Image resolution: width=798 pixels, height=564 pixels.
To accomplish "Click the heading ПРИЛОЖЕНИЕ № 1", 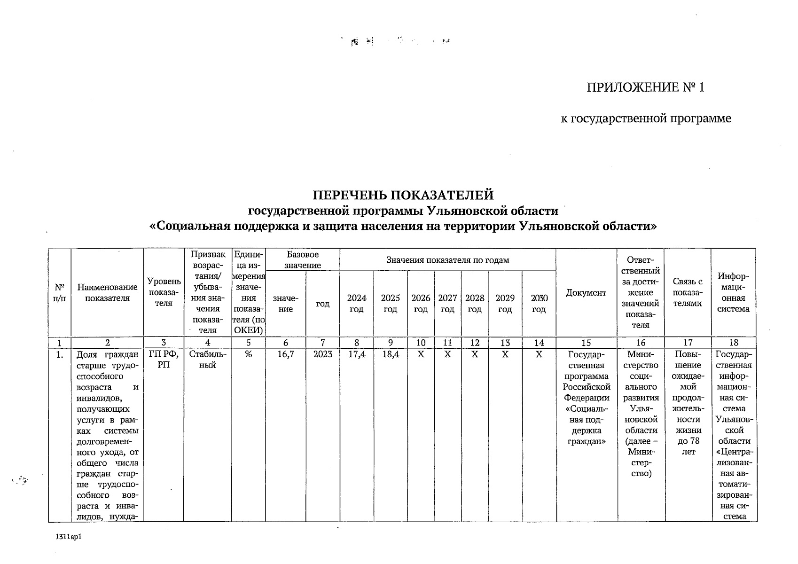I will [645, 88].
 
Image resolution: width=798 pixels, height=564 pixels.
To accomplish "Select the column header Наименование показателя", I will [107, 292].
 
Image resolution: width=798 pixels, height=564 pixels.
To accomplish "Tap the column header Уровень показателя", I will [164, 292].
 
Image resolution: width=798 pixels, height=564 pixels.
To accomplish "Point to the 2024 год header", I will [357, 304].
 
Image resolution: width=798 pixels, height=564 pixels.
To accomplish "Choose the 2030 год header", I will [539, 304].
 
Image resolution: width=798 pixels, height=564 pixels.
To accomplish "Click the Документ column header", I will [586, 293].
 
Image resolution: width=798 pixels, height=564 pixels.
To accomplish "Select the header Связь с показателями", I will [688, 292].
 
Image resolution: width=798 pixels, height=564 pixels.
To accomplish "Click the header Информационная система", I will [733, 292].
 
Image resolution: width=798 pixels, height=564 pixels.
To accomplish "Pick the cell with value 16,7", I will [286, 354].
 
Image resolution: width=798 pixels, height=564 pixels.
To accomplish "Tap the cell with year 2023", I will [323, 354].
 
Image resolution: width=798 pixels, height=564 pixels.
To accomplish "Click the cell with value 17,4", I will [357, 354].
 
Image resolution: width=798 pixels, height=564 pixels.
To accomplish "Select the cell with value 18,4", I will [391, 354].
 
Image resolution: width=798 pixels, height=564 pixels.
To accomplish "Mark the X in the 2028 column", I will [475, 354].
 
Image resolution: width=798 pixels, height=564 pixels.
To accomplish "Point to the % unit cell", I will [248, 354].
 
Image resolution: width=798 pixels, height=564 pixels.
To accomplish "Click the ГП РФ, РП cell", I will [164, 360].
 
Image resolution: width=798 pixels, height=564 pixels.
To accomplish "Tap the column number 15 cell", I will [586, 343].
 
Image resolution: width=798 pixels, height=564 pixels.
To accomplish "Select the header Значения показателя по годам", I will [447, 260].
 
